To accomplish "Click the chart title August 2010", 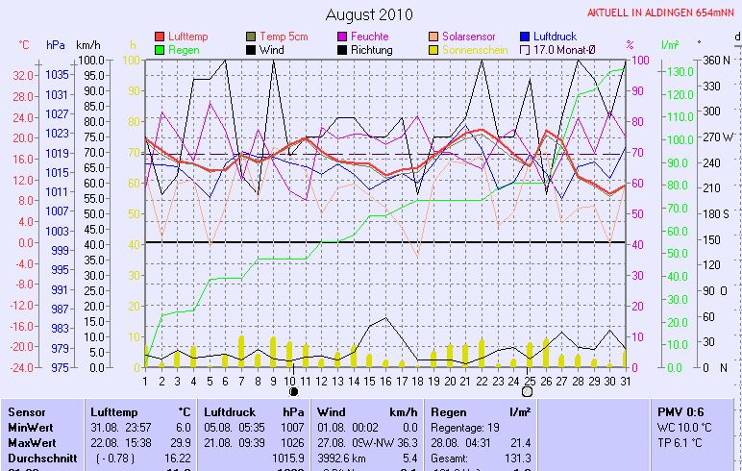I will pos(369,14).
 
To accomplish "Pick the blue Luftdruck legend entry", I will pos(554,37).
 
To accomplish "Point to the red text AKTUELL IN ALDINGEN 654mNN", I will pos(661,12).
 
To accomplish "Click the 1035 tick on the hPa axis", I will pos(57,75).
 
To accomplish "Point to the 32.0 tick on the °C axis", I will pos(24,75).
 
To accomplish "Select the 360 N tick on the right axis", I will pos(717,60).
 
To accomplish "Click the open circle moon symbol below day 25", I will pos(527,392).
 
